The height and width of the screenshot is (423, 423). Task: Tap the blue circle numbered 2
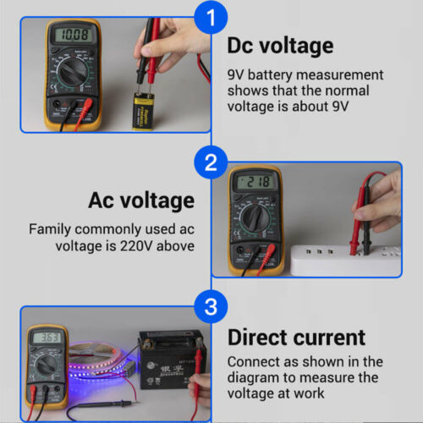tap(211, 162)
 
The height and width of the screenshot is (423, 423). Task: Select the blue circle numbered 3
tap(211, 305)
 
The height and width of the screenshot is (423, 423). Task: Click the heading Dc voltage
tap(280, 46)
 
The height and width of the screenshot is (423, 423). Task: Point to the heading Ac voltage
tap(140, 201)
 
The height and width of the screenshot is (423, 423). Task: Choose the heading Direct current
tap(296, 338)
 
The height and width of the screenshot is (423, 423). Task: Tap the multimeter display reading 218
tap(254, 182)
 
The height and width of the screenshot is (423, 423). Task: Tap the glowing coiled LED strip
tap(97, 360)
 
